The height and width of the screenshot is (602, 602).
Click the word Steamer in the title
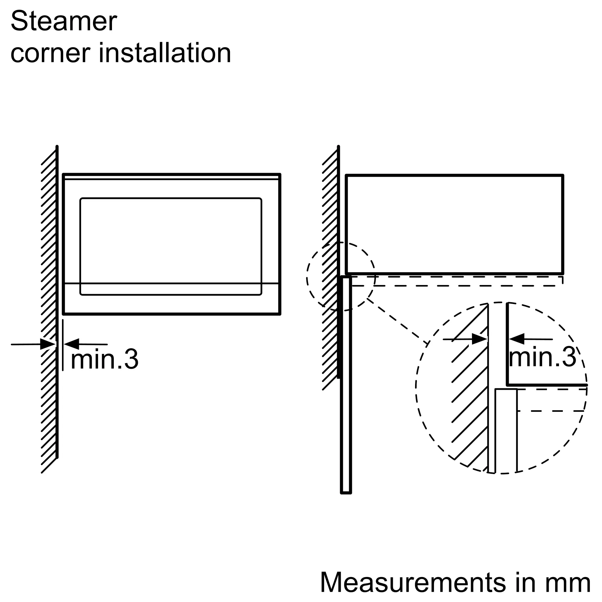click(x=64, y=21)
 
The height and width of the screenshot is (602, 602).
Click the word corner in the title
click(x=51, y=53)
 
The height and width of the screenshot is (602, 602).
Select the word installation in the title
click(x=165, y=52)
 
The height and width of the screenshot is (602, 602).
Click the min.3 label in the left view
click(x=105, y=359)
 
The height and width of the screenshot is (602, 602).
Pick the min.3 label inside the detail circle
click(x=542, y=357)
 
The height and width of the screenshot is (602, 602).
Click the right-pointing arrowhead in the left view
click(x=48, y=344)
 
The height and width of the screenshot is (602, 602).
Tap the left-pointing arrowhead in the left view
click(x=71, y=344)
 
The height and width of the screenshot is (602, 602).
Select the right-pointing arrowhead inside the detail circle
click(x=479, y=339)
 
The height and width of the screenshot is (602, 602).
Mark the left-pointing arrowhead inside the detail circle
click(x=517, y=339)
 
